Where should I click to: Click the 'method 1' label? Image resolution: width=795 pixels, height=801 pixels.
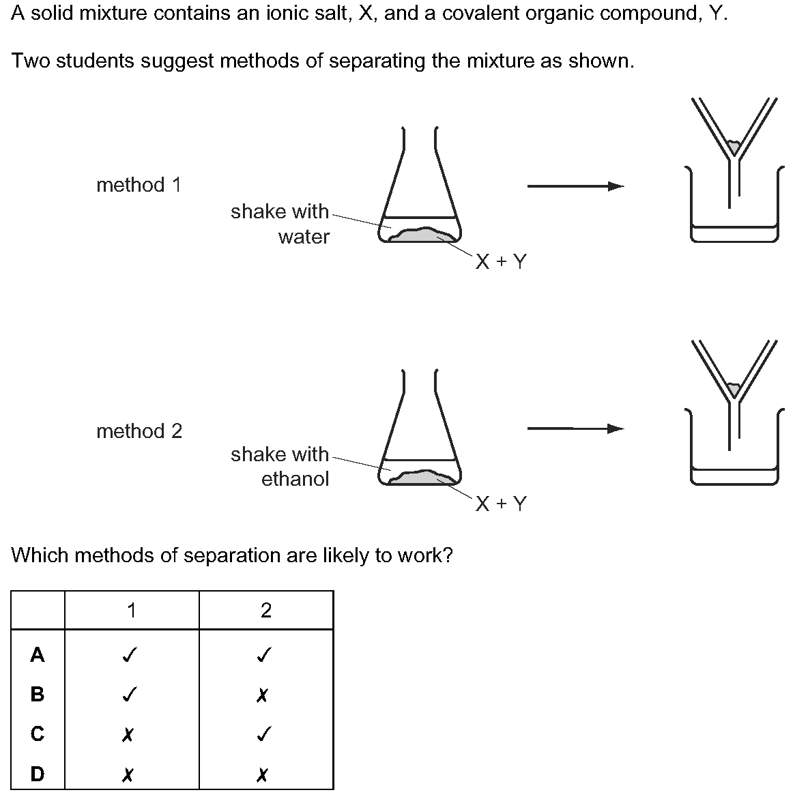click(139, 185)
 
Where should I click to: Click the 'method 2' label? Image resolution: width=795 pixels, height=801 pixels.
click(139, 431)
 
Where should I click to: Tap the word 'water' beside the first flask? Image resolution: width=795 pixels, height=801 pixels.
click(304, 237)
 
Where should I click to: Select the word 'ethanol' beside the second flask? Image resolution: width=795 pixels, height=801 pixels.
click(295, 479)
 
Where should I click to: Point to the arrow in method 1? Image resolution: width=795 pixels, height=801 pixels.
click(576, 186)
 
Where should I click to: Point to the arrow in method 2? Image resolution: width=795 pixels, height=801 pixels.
click(576, 428)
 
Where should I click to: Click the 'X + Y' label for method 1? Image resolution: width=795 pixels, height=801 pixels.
click(501, 262)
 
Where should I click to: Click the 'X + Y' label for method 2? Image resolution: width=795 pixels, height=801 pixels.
click(501, 504)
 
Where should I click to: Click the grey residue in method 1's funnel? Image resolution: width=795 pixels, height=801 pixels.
click(734, 147)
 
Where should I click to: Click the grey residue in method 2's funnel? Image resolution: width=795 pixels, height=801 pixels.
click(734, 390)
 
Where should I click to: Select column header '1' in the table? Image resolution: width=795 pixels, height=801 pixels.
click(132, 611)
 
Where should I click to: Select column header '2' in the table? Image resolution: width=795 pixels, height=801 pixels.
click(266, 611)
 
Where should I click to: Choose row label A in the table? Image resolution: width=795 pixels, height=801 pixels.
click(38, 654)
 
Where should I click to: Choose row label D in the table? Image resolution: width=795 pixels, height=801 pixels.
click(38, 774)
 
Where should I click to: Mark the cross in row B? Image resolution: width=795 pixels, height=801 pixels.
click(262, 695)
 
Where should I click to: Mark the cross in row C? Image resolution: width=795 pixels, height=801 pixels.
click(128, 735)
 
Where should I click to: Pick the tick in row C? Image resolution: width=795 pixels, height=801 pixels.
click(263, 734)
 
